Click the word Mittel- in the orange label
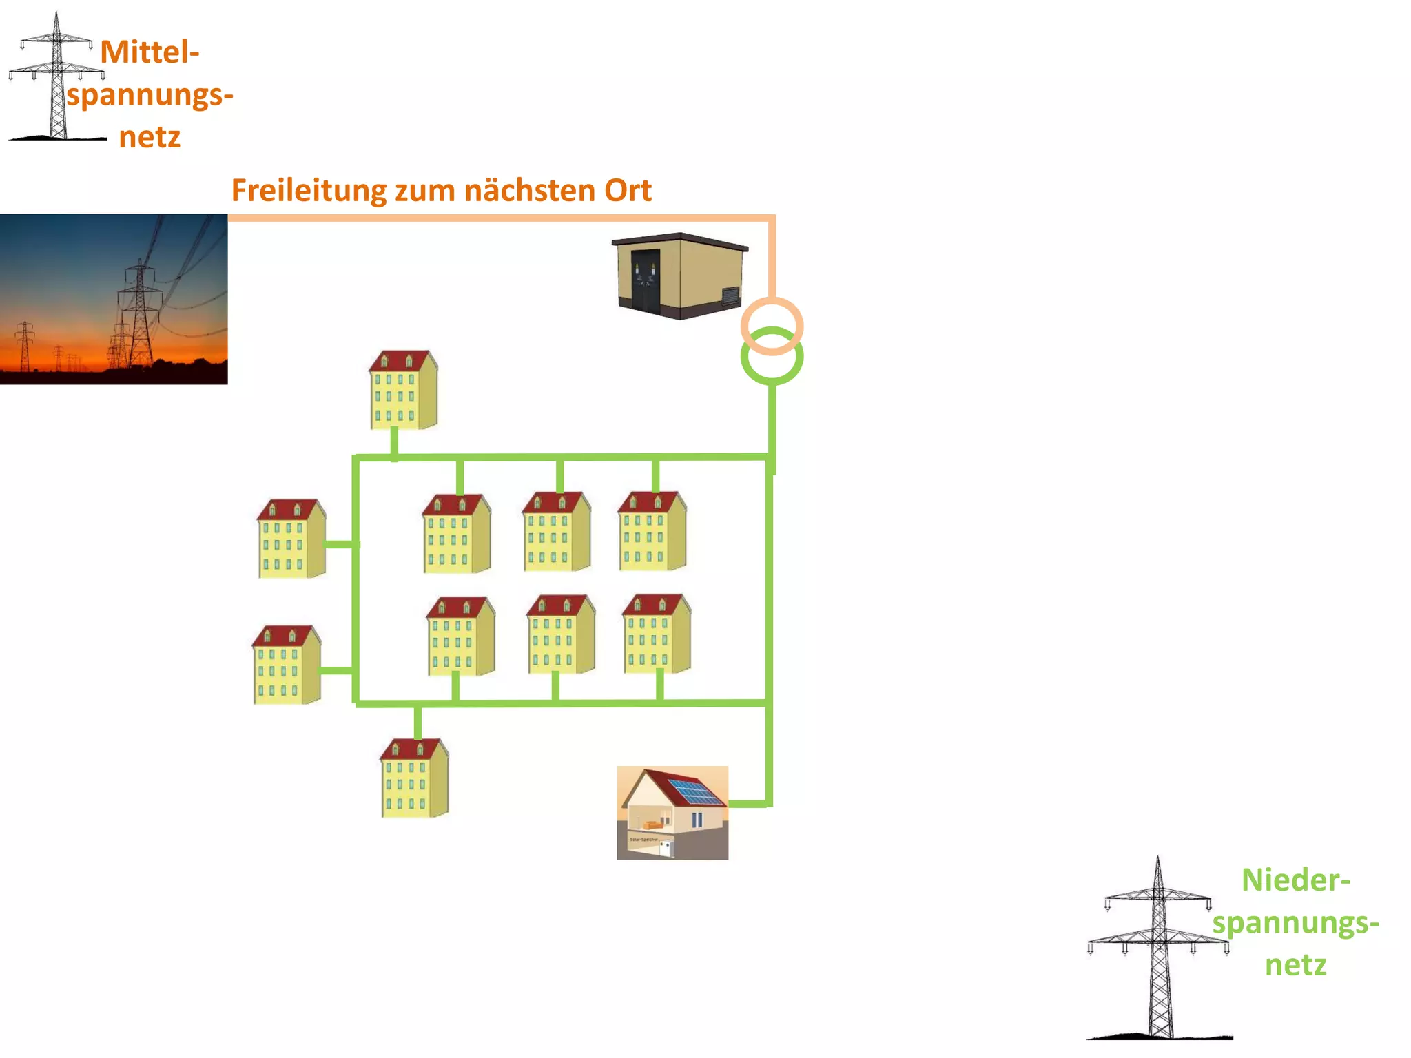pos(150,52)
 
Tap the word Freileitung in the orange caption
pos(308,191)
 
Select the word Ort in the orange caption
pos(628,191)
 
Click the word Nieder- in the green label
pos(1295,880)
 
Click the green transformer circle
pos(772,373)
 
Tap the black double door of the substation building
pos(646,281)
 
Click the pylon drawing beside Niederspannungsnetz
pos(1159,951)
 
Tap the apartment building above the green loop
pos(403,391)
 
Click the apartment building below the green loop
pos(414,778)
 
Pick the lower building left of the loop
pos(286,665)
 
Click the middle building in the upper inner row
pos(556,532)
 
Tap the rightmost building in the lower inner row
pos(656,634)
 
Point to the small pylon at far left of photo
pos(25,344)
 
